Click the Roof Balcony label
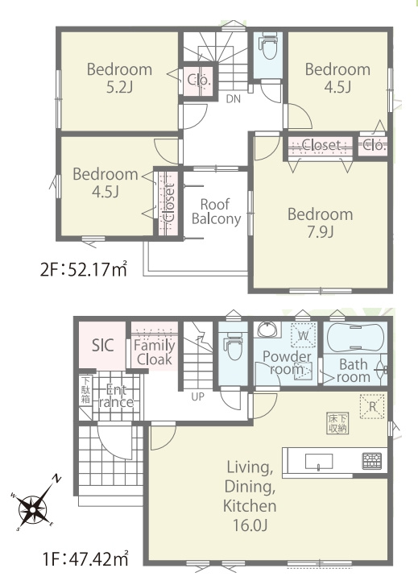tap(216, 212)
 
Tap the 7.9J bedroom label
tap(321, 223)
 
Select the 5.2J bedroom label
tap(119, 78)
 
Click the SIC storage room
tap(102, 345)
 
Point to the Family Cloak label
tap(155, 352)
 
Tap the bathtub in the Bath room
tap(355, 337)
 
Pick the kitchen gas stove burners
tap(372, 461)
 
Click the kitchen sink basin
tap(319, 461)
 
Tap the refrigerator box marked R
tap(372, 406)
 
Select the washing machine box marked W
tap(303, 335)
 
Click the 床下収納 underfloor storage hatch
tap(337, 423)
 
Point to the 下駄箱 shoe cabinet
tap(85, 390)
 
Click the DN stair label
tap(234, 99)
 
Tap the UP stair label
tap(197, 396)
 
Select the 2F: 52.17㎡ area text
tap(84, 269)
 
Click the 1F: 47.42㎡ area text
tap(85, 558)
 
